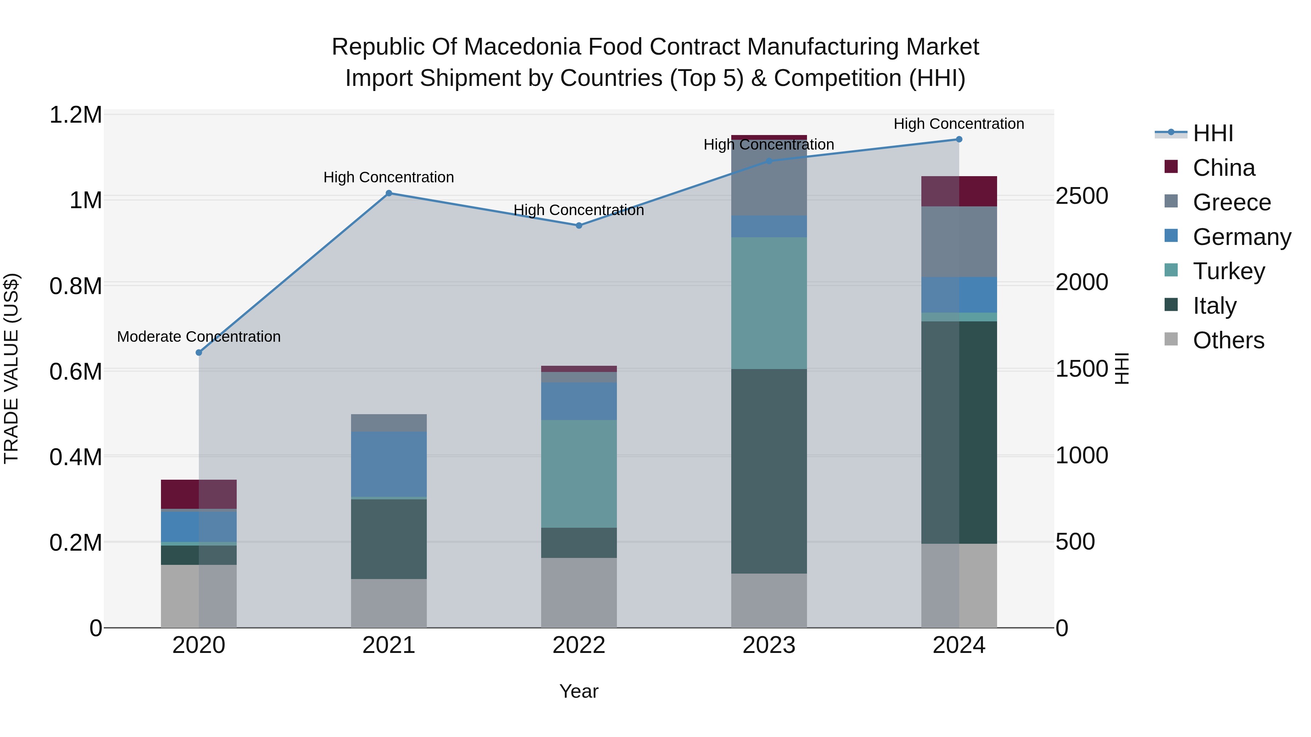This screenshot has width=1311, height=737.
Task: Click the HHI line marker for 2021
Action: [x=389, y=193]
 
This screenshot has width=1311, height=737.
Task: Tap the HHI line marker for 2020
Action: [x=199, y=352]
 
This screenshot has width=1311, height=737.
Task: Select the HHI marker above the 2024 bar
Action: [x=959, y=139]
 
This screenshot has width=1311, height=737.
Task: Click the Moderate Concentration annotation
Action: [x=198, y=337]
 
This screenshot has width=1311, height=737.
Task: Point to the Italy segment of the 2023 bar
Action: [x=769, y=471]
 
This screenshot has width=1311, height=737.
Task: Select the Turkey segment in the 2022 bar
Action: [x=579, y=473]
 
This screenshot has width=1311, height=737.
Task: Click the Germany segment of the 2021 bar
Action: [x=389, y=464]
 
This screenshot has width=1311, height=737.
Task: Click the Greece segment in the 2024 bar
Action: [x=959, y=242]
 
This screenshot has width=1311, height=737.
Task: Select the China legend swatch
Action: [x=1171, y=167]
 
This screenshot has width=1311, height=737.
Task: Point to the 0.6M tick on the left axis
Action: [x=76, y=372]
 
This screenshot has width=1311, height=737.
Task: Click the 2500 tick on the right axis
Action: [x=1082, y=196]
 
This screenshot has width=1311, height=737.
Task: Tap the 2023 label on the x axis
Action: [x=769, y=645]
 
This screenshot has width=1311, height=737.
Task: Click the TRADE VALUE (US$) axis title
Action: [x=12, y=368]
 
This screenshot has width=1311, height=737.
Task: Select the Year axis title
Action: [x=579, y=691]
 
